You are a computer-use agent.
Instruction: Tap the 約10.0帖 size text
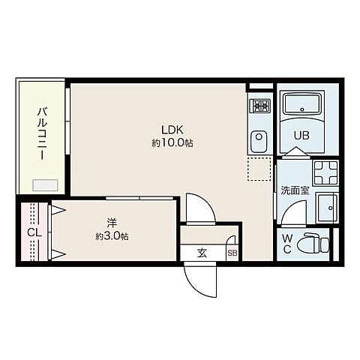(172, 142)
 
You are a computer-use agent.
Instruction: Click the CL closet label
(33, 232)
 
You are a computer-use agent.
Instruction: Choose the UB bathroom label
(301, 136)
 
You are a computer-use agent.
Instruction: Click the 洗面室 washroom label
(295, 190)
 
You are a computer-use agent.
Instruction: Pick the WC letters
(288, 244)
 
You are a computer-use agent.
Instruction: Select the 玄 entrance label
(202, 253)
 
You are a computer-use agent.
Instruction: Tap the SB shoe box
(232, 253)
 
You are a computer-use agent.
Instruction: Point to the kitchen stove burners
(259, 106)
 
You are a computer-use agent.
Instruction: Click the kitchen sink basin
(259, 138)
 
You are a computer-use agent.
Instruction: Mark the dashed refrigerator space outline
(259, 169)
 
